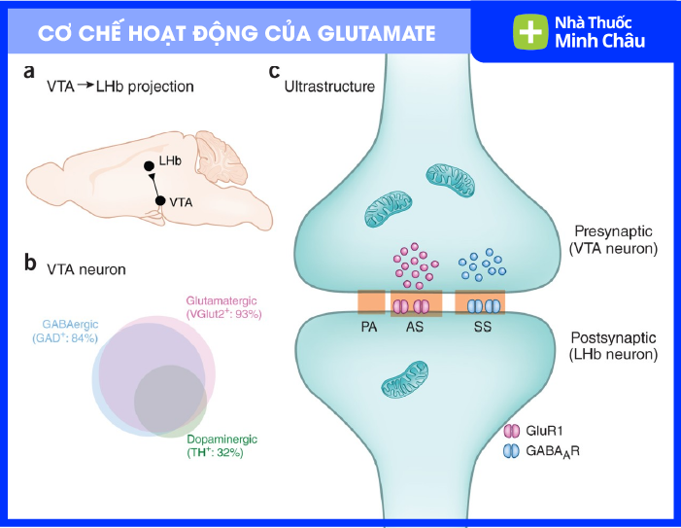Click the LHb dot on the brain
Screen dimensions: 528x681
(x=149, y=165)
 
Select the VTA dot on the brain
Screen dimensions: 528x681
(x=160, y=201)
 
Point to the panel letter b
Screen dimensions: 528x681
(x=30, y=263)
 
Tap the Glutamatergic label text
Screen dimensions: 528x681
(x=224, y=301)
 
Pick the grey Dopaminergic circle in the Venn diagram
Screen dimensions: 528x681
(x=167, y=399)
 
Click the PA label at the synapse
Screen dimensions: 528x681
(x=369, y=328)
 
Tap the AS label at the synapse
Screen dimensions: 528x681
(x=415, y=328)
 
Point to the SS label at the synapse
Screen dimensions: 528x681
(x=480, y=328)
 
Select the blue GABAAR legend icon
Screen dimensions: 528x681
(x=513, y=450)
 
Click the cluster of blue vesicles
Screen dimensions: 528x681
(x=480, y=264)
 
